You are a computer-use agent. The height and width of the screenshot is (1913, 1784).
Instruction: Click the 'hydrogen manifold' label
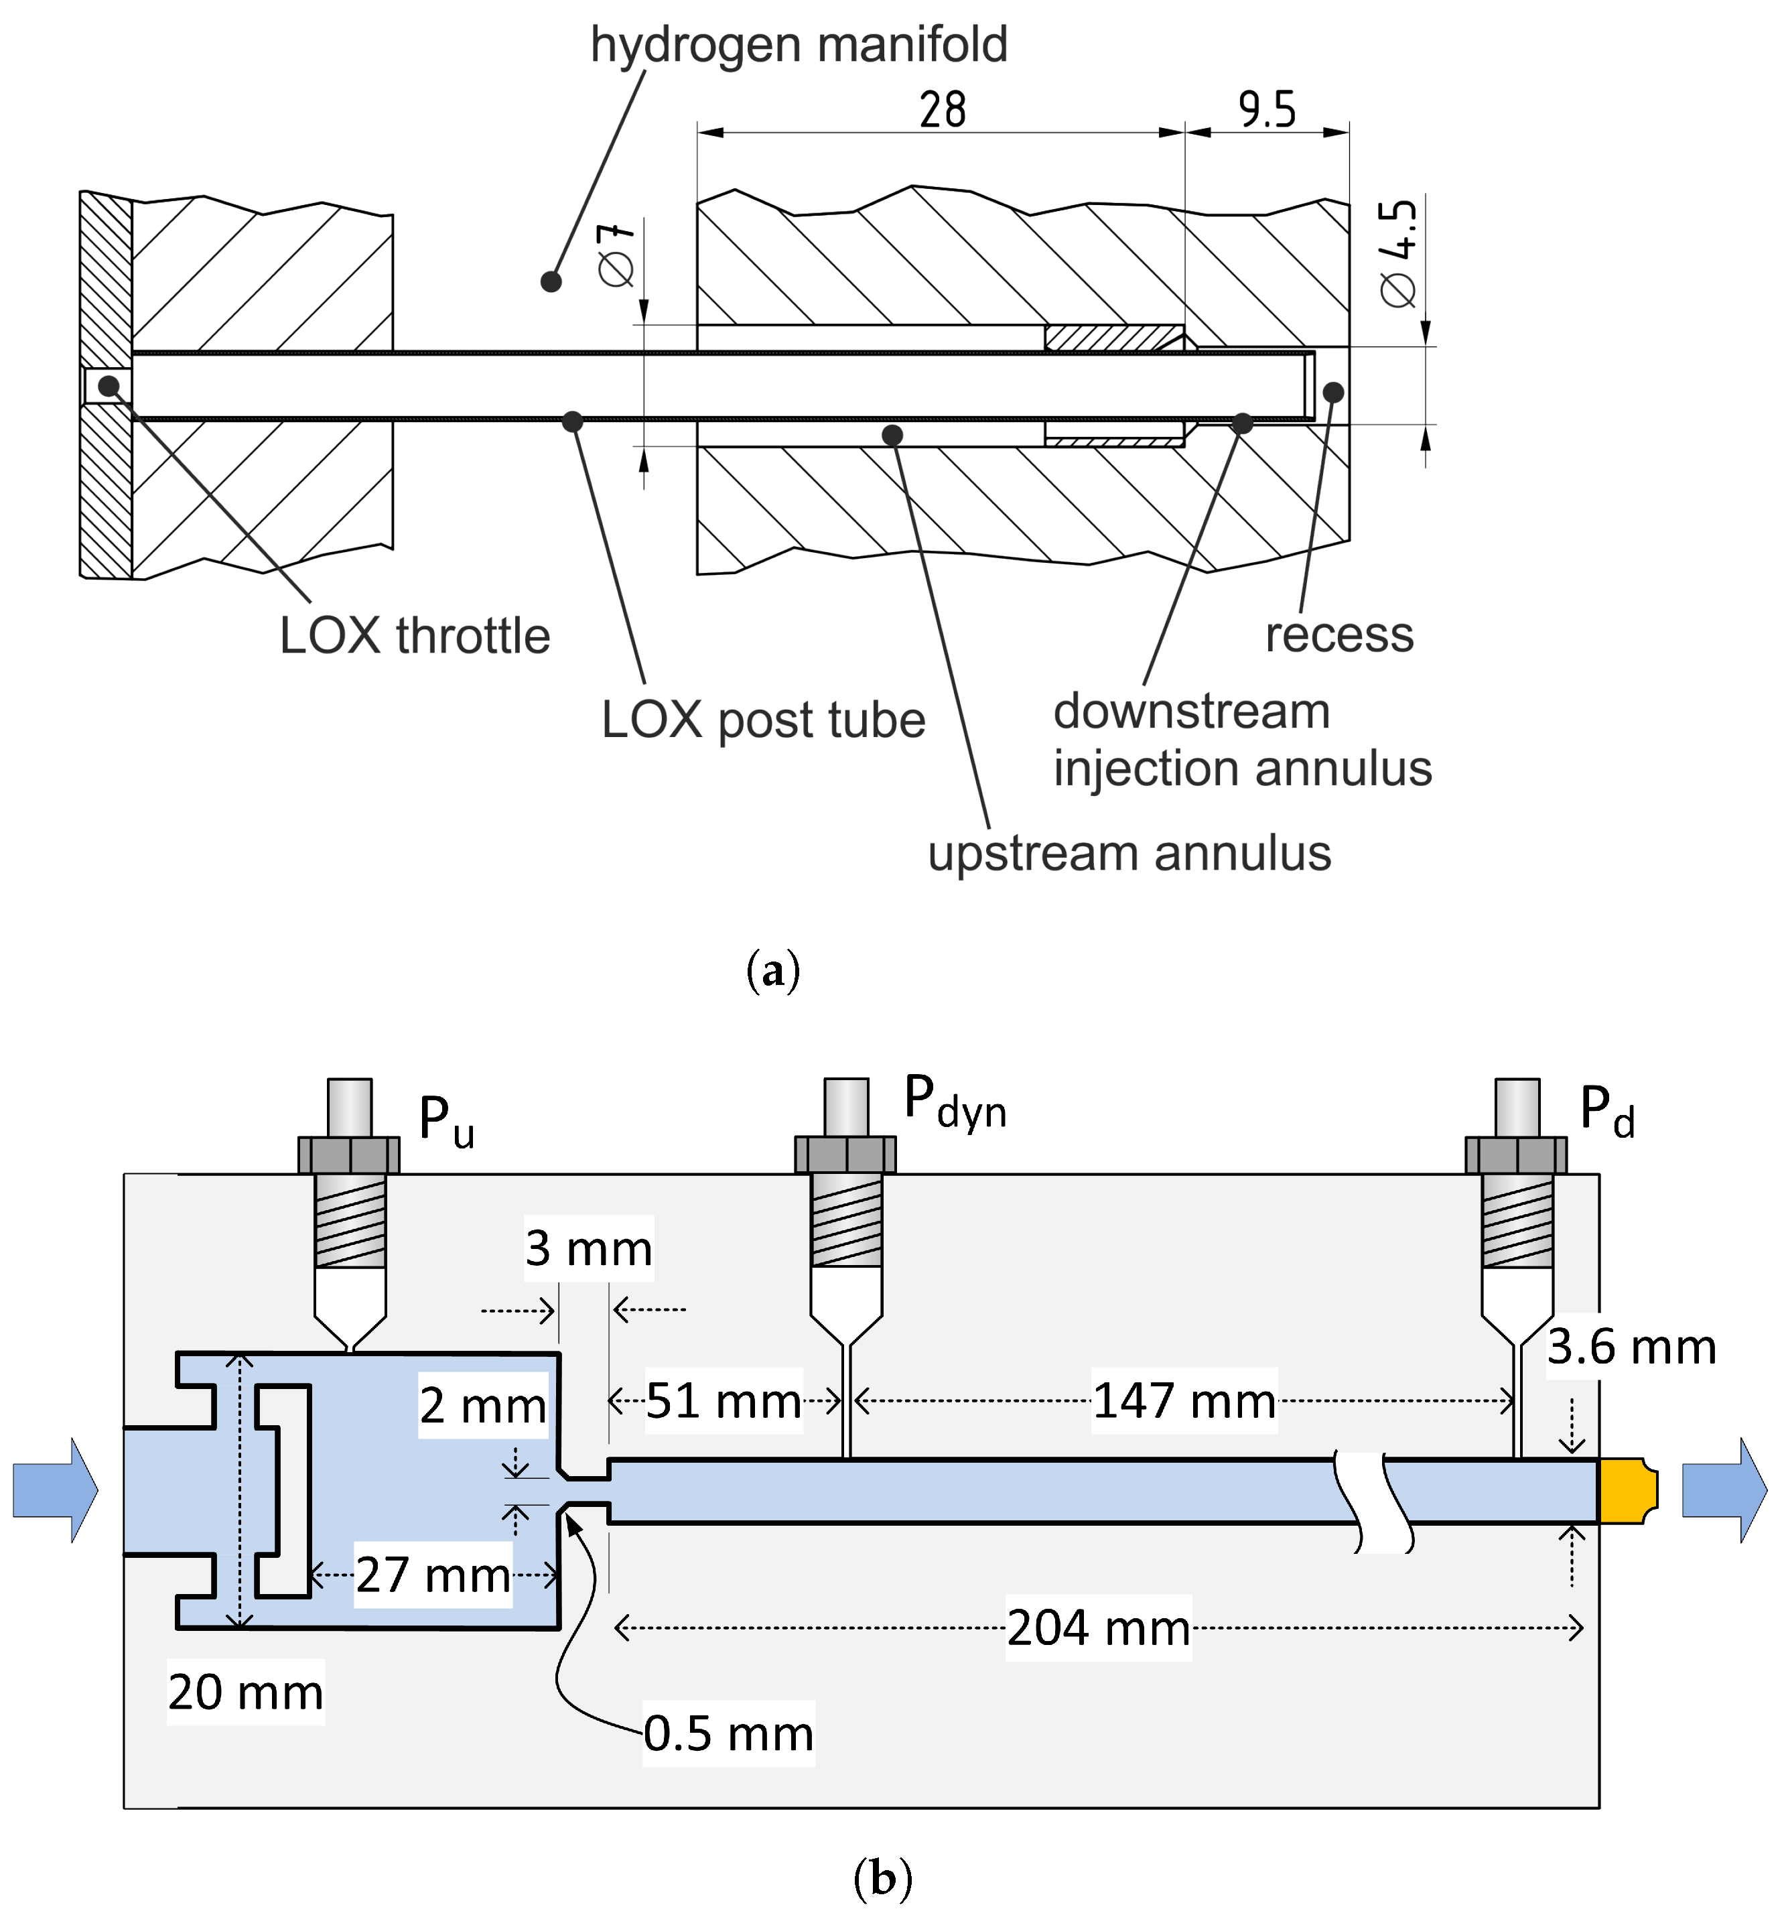pos(798,45)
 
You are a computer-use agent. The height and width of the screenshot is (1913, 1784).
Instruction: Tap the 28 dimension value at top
pos(941,110)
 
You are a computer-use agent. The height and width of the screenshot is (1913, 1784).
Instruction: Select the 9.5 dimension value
pos(1266,110)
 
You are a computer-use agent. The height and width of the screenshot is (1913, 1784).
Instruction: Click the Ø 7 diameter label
pos(616,255)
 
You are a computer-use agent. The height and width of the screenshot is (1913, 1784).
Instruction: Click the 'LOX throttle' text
pos(415,636)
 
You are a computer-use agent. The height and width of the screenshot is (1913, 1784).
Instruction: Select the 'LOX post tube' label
pos(762,720)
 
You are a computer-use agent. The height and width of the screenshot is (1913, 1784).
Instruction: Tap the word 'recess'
pos(1339,635)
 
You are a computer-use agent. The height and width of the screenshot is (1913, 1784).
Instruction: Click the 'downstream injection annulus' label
pos(1241,740)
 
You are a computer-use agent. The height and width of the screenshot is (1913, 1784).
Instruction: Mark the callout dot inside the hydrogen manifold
pos(551,281)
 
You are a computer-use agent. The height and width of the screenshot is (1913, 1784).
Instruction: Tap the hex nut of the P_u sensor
pos(348,1155)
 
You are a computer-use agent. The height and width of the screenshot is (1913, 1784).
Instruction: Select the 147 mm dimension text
pos(1184,1401)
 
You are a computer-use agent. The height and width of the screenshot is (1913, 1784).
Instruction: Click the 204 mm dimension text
pos(1098,1628)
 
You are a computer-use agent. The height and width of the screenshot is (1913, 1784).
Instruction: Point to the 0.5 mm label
pos(728,1733)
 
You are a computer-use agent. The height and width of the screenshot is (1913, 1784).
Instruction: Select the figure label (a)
pos(772,971)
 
